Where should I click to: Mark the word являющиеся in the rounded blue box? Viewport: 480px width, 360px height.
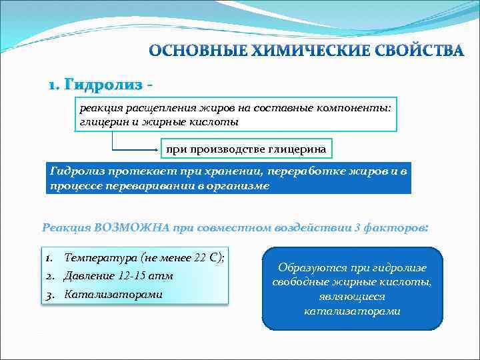click(x=351, y=297)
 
